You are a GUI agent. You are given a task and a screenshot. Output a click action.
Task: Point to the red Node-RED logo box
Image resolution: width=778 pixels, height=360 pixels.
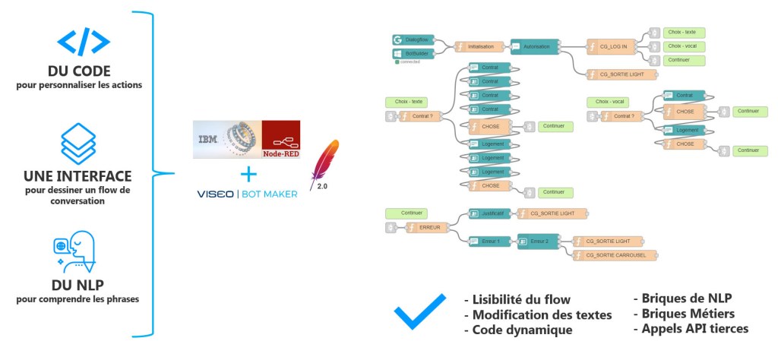280,140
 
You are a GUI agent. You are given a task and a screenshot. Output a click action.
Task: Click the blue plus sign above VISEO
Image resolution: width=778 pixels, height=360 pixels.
247,175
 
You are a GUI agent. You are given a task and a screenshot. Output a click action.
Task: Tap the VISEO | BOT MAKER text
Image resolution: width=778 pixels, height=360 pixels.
248,194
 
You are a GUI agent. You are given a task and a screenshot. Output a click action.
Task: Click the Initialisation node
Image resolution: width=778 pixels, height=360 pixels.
479,46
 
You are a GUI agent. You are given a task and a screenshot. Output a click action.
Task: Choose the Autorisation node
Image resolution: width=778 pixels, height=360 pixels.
535,46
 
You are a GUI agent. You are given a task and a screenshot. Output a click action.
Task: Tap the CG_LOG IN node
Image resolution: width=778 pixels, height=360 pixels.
615,46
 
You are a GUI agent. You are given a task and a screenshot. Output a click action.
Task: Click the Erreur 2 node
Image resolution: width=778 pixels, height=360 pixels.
537,241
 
